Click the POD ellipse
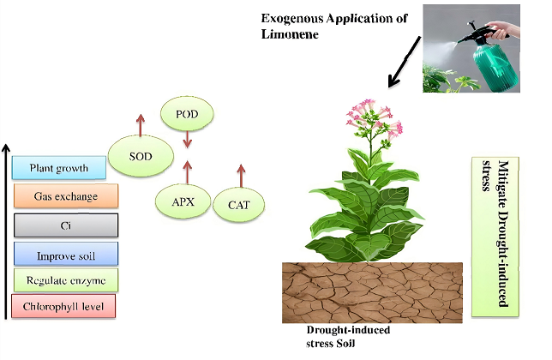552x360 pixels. [187, 114]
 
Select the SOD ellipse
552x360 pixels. [141, 157]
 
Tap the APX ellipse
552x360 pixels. [181, 203]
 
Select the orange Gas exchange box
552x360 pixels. [64, 196]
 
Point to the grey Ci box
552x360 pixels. [64, 225]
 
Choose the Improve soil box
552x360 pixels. [64, 255]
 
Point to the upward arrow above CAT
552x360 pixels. [241, 173]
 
